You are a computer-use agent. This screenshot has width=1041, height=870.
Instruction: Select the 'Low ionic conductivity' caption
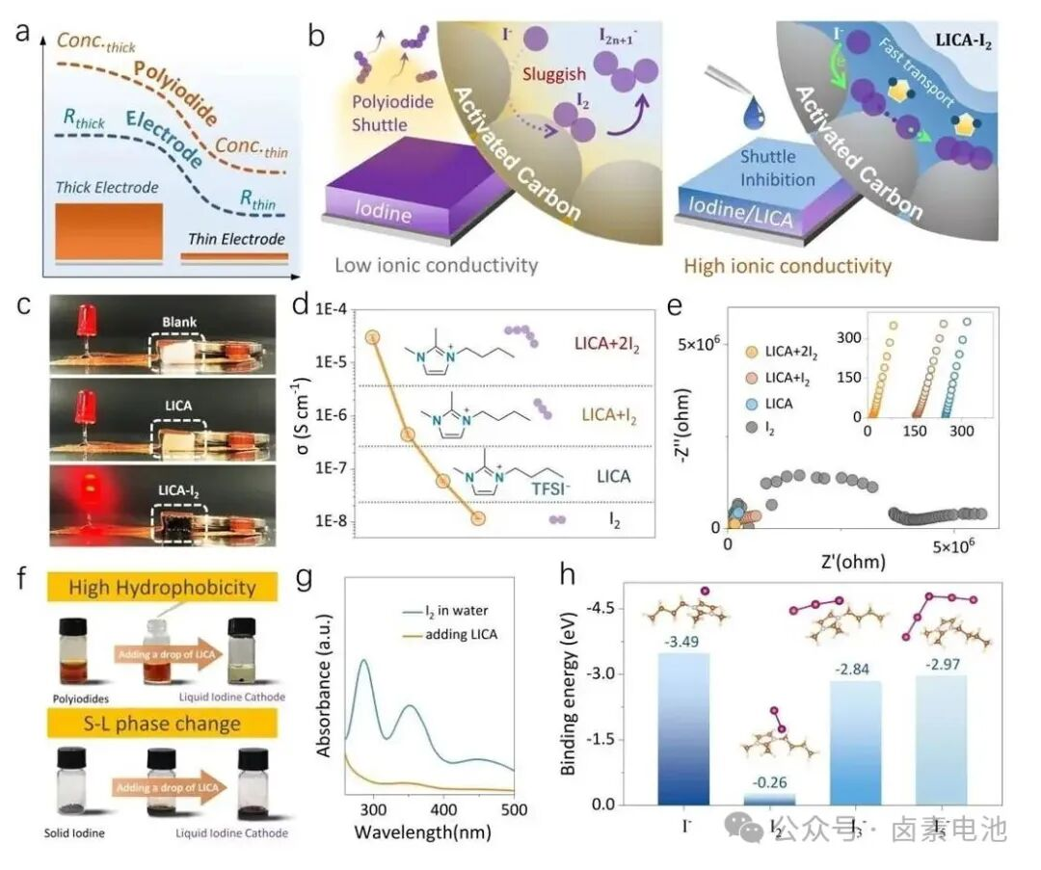coord(436,264)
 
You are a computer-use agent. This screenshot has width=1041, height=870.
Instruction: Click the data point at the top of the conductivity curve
coord(373,337)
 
